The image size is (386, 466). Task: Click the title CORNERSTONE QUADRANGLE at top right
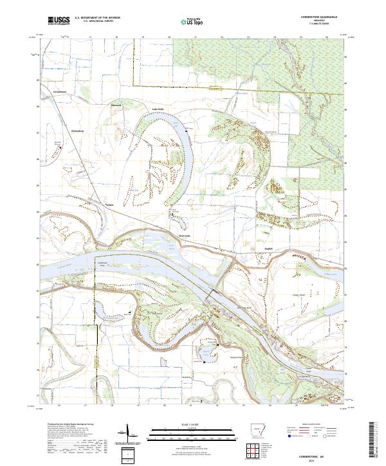click(315, 17)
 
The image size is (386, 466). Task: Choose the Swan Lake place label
click(184, 236)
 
